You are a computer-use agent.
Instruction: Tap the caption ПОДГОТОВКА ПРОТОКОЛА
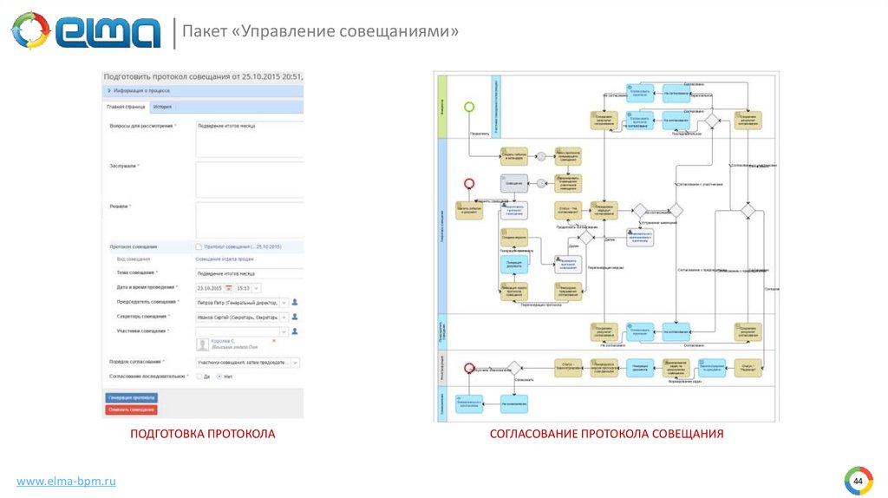tap(202, 433)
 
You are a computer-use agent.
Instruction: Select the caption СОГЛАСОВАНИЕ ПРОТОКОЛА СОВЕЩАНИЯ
tap(606, 433)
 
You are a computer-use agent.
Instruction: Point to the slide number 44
tap(858, 481)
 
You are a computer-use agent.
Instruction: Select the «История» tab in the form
tap(162, 107)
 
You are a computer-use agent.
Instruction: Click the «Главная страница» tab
tap(126, 107)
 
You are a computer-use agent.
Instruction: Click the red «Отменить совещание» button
tap(131, 410)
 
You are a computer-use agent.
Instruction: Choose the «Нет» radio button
tap(219, 377)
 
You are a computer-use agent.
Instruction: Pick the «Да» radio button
tap(199, 377)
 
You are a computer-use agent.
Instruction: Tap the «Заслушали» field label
tap(124, 165)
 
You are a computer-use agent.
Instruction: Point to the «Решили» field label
tap(120, 206)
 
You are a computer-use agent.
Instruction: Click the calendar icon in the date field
tap(229, 288)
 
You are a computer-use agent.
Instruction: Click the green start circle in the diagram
tap(469, 107)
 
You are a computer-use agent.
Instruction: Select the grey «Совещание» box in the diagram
tap(514, 182)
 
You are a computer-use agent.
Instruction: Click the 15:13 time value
tap(244, 288)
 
